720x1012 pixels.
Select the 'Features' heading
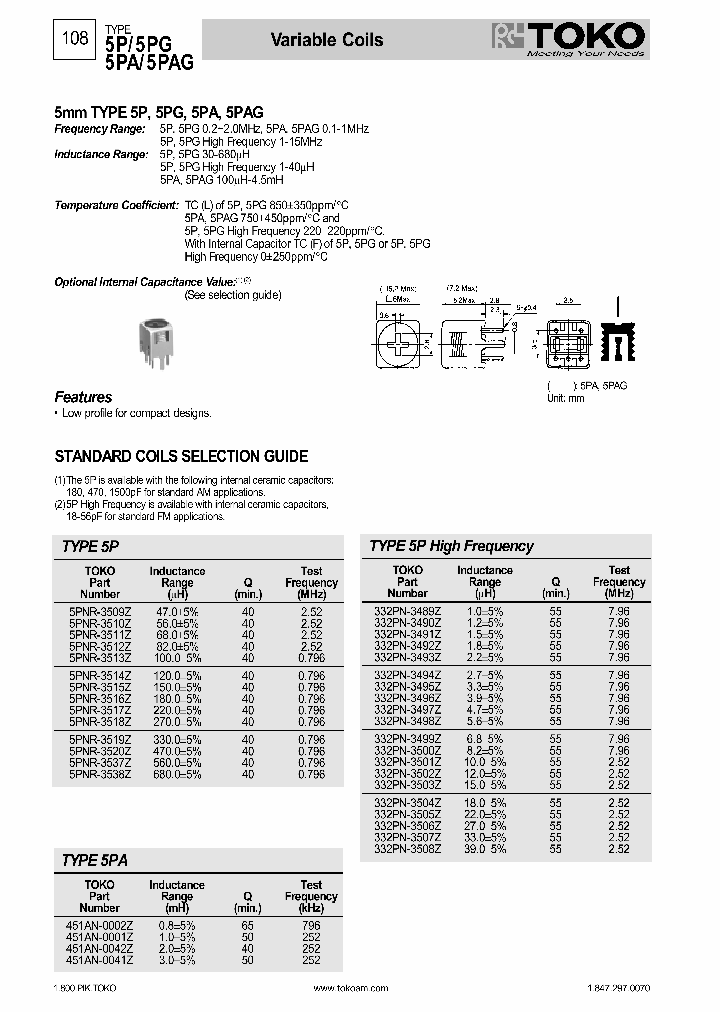pos(83,397)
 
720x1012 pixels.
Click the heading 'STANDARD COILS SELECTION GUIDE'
pos(181,456)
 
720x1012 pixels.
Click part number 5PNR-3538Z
pos(100,774)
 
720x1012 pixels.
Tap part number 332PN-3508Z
pos(407,849)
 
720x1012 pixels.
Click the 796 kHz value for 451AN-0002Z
pos(311,926)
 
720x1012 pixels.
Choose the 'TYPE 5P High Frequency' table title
pos(451,546)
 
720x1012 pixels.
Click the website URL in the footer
pos(350,987)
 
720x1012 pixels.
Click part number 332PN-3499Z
pos(407,738)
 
